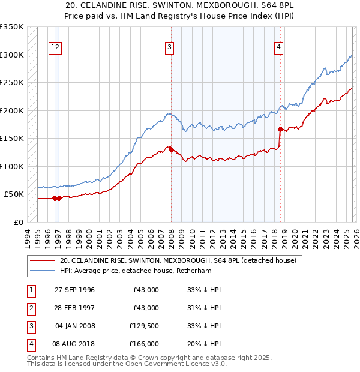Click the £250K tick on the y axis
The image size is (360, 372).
click(13, 83)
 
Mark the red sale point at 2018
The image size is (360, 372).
click(280, 129)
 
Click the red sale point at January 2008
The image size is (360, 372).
click(171, 149)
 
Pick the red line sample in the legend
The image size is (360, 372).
click(41, 260)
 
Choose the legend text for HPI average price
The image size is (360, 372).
click(137, 271)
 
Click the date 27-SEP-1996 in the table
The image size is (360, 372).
click(74, 290)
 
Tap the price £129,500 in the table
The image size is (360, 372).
click(144, 326)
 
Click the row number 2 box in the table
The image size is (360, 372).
click(31, 308)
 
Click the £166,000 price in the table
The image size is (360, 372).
click(144, 344)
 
